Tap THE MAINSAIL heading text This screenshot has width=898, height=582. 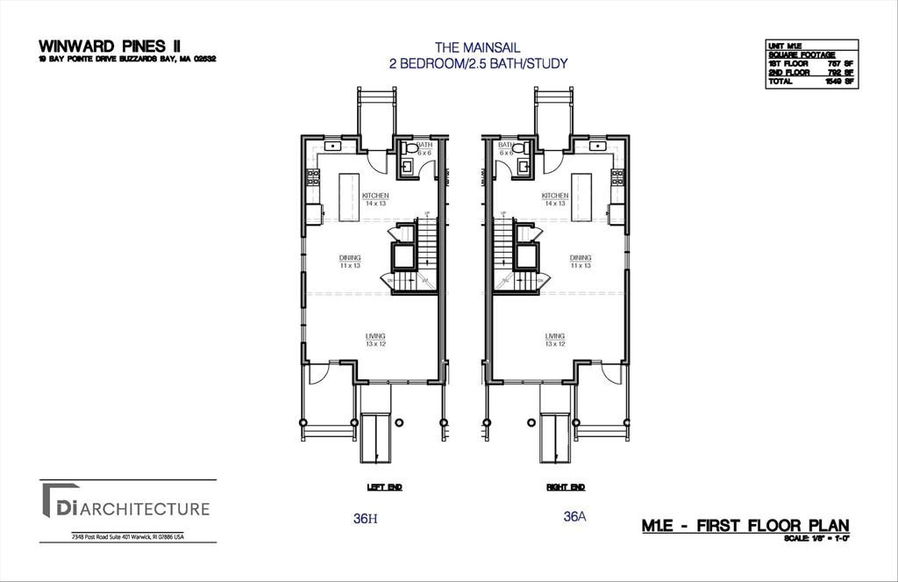click(478, 47)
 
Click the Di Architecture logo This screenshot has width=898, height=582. click(123, 508)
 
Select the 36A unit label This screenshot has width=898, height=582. click(574, 517)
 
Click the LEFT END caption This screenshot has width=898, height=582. click(383, 486)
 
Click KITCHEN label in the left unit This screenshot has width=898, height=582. click(375, 196)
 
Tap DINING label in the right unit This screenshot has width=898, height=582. click(581, 258)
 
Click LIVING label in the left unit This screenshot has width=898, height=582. click(375, 336)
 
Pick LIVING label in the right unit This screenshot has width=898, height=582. click(554, 336)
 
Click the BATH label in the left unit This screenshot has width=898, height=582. click(424, 146)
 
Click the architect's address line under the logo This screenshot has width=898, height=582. click(128, 536)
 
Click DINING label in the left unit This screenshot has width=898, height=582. click(350, 258)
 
